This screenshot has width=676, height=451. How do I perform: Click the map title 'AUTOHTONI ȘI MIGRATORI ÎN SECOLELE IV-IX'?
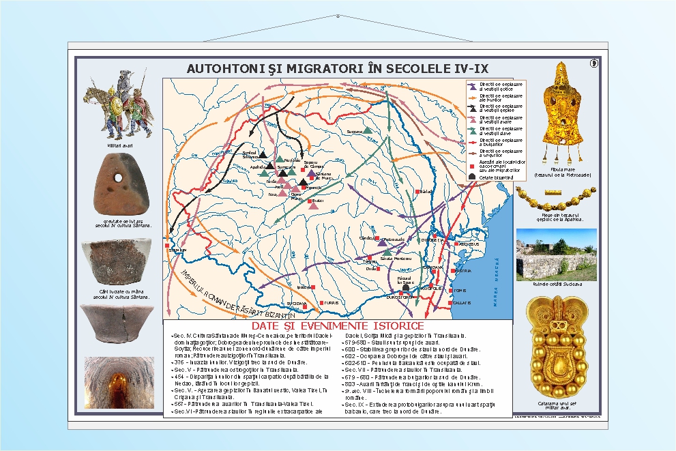(x=338, y=69)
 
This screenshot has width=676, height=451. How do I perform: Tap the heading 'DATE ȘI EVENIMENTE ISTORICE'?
(x=338, y=325)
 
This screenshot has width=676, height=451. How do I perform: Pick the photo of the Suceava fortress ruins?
(x=556, y=254)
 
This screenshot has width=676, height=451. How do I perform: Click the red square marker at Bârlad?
(x=418, y=192)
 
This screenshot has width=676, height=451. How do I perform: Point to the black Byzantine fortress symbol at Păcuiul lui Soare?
(x=406, y=289)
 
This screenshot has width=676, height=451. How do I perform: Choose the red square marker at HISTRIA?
(x=452, y=271)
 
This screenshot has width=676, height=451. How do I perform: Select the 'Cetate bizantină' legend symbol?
(x=471, y=177)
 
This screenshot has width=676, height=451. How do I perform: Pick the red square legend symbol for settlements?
(x=471, y=166)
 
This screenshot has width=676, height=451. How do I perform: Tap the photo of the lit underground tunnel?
(x=119, y=382)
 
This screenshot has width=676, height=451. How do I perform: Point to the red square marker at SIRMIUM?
(x=167, y=246)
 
